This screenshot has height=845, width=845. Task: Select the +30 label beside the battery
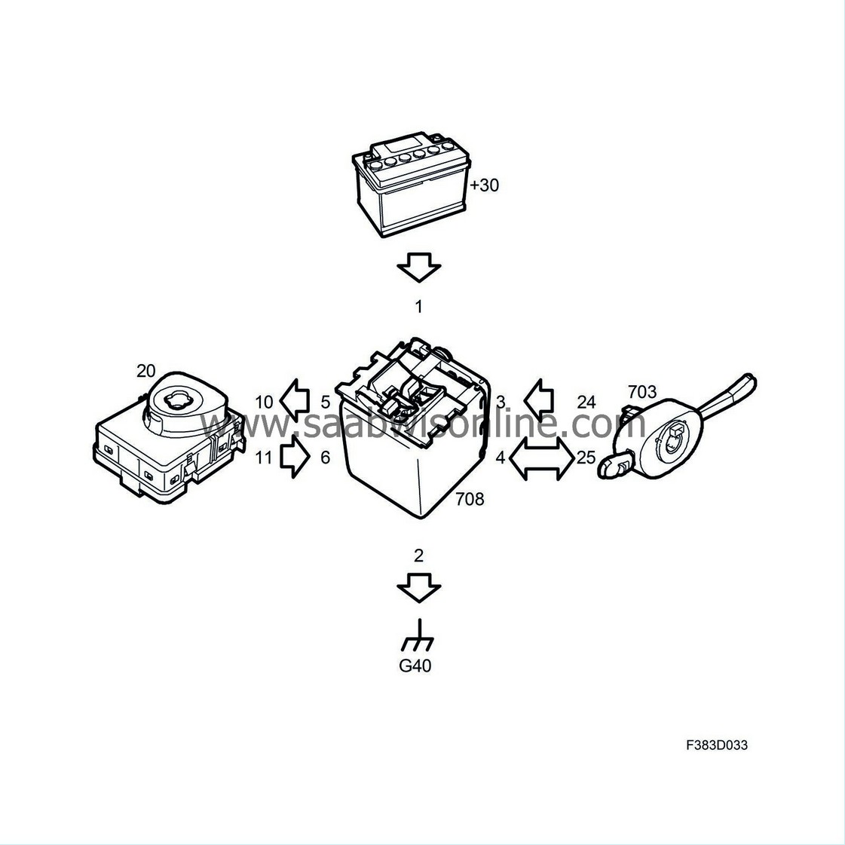[x=484, y=185]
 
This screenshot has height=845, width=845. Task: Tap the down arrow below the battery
[x=418, y=267]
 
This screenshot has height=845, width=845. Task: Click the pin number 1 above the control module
[x=419, y=307]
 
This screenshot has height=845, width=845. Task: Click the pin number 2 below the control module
[x=419, y=556]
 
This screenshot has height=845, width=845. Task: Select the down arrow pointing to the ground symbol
[x=418, y=587]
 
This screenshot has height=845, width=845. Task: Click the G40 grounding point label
[x=415, y=666]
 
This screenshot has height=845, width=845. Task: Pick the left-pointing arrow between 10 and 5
[x=295, y=402]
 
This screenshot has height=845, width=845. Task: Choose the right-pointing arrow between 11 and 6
[x=295, y=458]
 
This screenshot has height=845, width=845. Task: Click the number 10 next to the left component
[x=264, y=402]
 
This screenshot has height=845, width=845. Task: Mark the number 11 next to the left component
[x=264, y=457]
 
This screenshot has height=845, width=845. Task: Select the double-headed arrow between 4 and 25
[x=540, y=458]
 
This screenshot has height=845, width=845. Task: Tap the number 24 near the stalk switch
[x=586, y=402]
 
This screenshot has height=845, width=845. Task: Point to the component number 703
[x=641, y=392]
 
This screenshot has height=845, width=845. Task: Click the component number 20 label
[x=145, y=370]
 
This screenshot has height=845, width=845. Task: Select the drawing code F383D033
[x=717, y=745]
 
